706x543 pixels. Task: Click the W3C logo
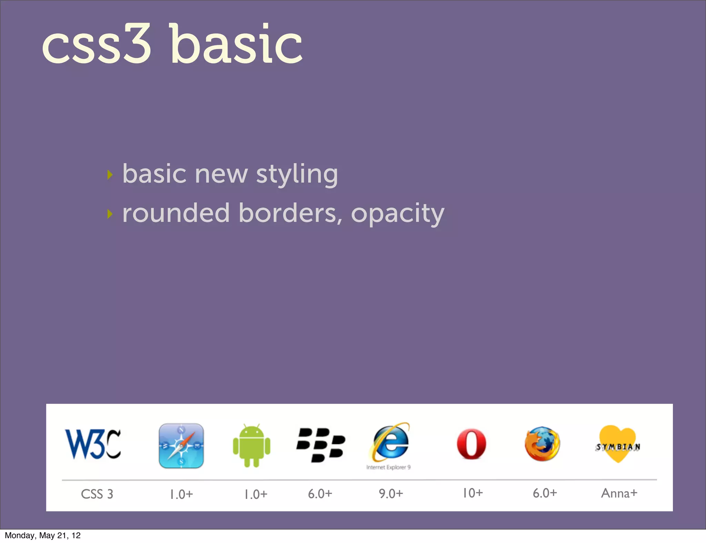(93, 444)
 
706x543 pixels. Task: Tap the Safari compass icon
(181, 446)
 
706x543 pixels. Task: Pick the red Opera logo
(471, 444)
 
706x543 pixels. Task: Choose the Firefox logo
(542, 444)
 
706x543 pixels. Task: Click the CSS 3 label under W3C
(97, 494)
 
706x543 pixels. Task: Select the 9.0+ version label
(391, 494)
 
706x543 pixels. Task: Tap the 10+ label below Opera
(473, 493)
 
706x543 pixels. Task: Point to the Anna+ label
(619, 493)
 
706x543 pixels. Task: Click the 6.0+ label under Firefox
(545, 493)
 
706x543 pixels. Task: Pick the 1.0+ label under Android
(256, 494)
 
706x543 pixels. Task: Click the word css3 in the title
(97, 45)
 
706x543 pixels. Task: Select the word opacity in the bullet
(397, 214)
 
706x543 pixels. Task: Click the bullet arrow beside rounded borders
(110, 214)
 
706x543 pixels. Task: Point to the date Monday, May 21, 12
(43, 535)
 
